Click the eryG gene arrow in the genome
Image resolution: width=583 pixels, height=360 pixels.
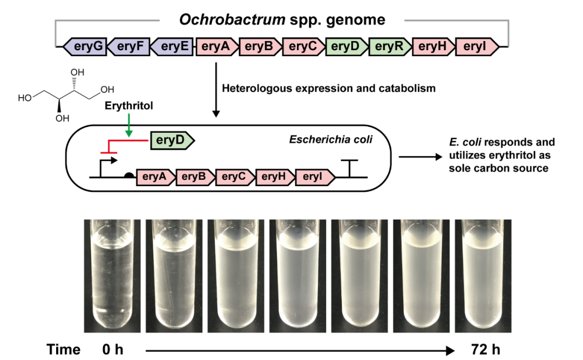(86, 47)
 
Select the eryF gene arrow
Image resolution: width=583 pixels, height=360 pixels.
(130, 47)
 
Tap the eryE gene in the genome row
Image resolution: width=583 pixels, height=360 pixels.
(173, 47)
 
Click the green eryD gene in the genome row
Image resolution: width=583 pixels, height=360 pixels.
(346, 47)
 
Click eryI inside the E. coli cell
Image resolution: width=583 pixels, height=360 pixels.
(315, 176)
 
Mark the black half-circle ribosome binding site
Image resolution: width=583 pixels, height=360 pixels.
(130, 174)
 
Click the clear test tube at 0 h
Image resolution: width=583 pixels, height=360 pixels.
(112, 275)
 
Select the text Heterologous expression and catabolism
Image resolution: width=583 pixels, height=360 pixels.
(329, 88)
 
